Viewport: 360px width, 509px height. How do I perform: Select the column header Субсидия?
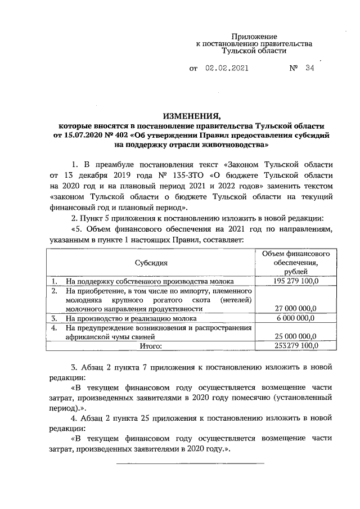[151, 263]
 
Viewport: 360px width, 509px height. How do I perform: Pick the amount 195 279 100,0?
[295, 281]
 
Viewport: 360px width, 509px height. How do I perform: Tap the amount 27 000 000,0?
[295, 308]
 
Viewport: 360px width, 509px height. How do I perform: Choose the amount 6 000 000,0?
[295, 318]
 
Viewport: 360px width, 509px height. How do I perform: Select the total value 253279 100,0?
[295, 345]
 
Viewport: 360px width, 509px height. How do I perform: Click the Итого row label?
[151, 346]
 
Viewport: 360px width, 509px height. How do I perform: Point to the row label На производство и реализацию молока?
[127, 318]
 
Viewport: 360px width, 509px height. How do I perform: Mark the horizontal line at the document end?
[190, 463]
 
